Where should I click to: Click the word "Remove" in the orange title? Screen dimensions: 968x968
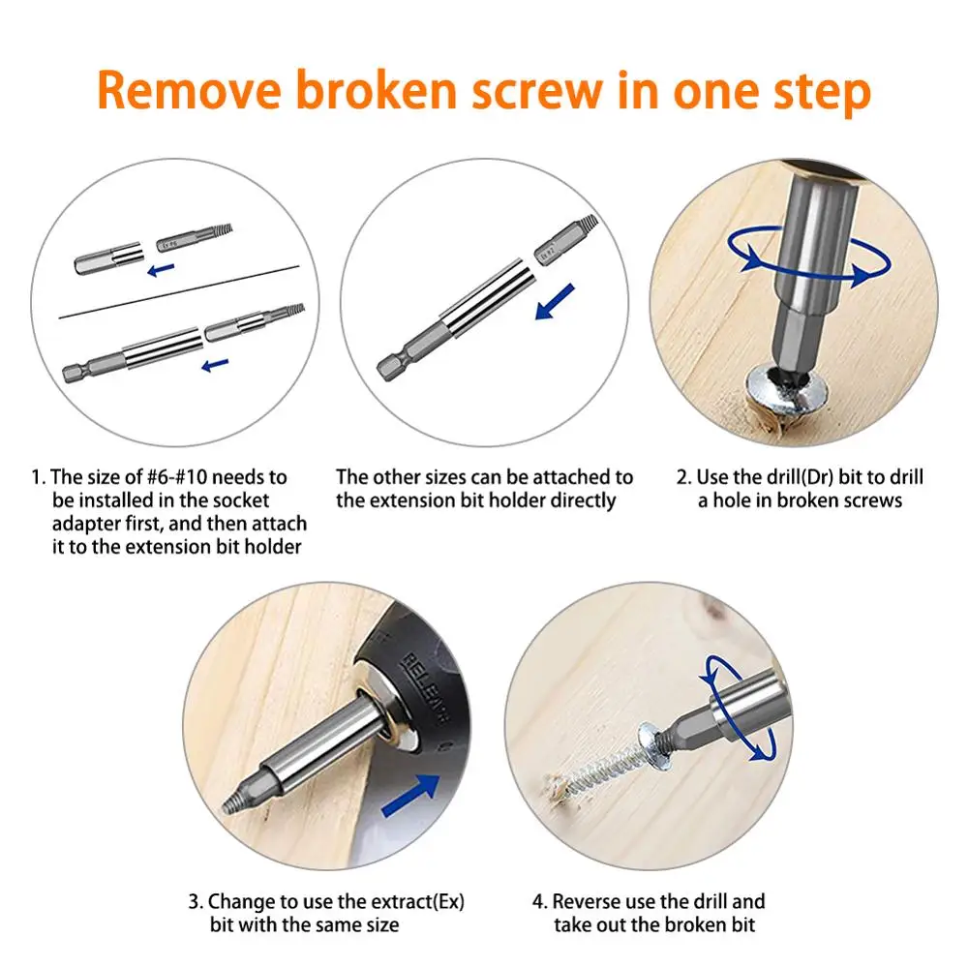point(189,90)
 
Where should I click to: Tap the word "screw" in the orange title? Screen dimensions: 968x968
point(536,91)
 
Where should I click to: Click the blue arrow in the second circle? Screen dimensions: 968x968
point(555,302)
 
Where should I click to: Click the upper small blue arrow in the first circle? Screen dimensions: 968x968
point(161,270)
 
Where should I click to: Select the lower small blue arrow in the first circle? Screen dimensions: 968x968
point(216,366)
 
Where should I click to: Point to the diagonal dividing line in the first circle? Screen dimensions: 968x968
point(179,292)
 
